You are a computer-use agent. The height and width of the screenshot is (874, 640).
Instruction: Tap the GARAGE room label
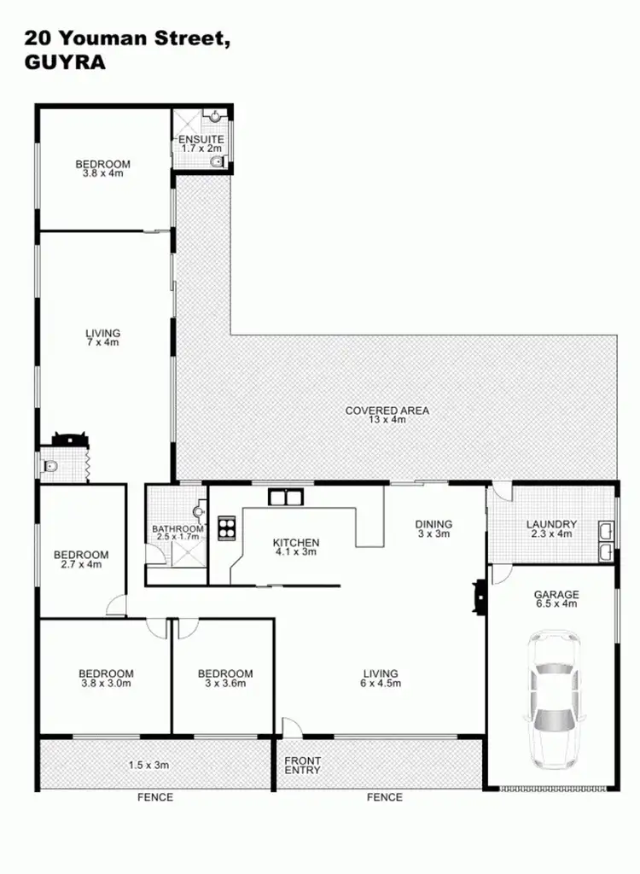[x=556, y=594]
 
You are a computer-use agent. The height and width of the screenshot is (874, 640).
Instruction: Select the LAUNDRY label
[x=551, y=524]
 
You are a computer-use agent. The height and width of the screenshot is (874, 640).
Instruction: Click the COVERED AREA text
[x=387, y=411]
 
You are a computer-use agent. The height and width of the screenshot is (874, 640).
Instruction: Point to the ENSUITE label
[x=201, y=139]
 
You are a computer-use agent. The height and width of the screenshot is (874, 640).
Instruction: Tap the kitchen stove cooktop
[x=228, y=527]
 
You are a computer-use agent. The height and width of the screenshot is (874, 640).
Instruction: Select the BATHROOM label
[x=178, y=529]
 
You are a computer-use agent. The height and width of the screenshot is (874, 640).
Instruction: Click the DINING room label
[x=433, y=524]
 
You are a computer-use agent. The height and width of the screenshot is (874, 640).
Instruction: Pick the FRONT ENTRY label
[x=303, y=765]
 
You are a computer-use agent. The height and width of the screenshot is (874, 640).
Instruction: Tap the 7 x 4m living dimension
[x=102, y=342]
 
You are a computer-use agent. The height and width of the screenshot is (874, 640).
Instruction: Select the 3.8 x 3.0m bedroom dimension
[x=107, y=683]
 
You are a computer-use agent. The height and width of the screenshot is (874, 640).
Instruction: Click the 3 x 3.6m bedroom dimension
[x=225, y=683]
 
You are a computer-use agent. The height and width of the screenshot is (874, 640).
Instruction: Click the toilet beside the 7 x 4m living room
[x=50, y=466]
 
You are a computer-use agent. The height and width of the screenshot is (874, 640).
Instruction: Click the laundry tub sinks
[x=605, y=541]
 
